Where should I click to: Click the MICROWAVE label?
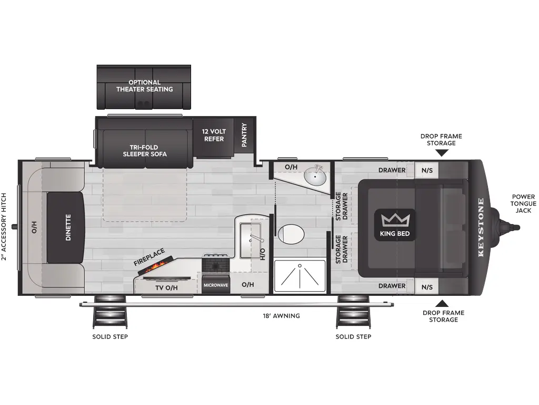[x=216, y=285]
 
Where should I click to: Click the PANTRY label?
[x=244, y=134]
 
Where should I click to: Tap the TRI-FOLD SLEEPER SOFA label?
[x=144, y=151]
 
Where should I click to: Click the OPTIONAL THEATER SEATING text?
[x=144, y=86]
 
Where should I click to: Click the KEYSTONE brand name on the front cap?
[x=481, y=227]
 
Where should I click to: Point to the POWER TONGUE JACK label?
[x=523, y=204]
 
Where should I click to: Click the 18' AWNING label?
[x=282, y=316]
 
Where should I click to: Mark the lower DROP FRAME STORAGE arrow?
[x=443, y=303]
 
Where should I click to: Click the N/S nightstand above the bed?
[x=427, y=170]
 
